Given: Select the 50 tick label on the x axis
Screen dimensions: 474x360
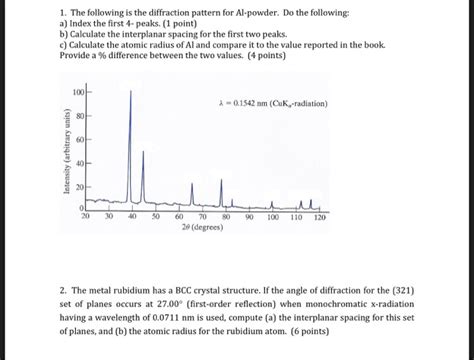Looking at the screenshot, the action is [156, 216].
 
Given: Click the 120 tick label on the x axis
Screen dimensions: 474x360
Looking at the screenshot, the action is [320, 216].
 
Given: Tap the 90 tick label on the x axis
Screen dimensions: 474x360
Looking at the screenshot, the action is [250, 216].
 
